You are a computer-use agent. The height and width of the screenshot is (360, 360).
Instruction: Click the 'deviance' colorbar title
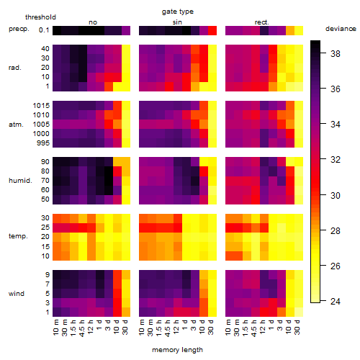click(x=341, y=29)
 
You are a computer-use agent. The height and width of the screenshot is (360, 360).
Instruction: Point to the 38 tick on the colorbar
click(x=323, y=53)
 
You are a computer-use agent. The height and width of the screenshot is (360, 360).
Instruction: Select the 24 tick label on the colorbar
click(x=336, y=301)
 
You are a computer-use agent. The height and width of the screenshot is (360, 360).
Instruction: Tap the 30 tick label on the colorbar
click(x=336, y=195)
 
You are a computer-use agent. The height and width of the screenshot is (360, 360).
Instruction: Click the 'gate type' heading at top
click(x=178, y=12)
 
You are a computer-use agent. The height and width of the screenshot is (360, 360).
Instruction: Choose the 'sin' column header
click(x=177, y=22)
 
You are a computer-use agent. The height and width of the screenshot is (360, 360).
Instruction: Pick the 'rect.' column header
click(x=261, y=22)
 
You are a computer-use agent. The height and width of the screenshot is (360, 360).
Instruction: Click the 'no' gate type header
click(x=93, y=22)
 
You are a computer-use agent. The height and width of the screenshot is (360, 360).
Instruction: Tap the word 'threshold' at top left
click(x=40, y=17)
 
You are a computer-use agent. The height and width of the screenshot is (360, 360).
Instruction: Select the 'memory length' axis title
click(x=177, y=350)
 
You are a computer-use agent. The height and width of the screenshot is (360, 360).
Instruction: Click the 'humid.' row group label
click(x=20, y=181)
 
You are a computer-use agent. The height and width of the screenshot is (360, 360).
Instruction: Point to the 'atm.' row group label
click(x=16, y=125)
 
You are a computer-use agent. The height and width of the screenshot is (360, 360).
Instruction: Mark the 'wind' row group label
click(x=17, y=294)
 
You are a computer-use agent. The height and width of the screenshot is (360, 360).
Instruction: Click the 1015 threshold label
click(x=41, y=106)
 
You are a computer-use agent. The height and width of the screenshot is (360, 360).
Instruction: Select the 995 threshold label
click(x=43, y=143)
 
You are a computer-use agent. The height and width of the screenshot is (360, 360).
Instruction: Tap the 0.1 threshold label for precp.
click(x=44, y=30)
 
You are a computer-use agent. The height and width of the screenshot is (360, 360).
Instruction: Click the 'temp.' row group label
click(x=18, y=236)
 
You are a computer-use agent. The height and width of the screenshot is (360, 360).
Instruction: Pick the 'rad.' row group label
click(x=15, y=68)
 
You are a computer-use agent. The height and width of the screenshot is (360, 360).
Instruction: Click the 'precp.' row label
click(x=19, y=29)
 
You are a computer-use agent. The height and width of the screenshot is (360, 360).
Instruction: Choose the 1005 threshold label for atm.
click(x=41, y=125)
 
